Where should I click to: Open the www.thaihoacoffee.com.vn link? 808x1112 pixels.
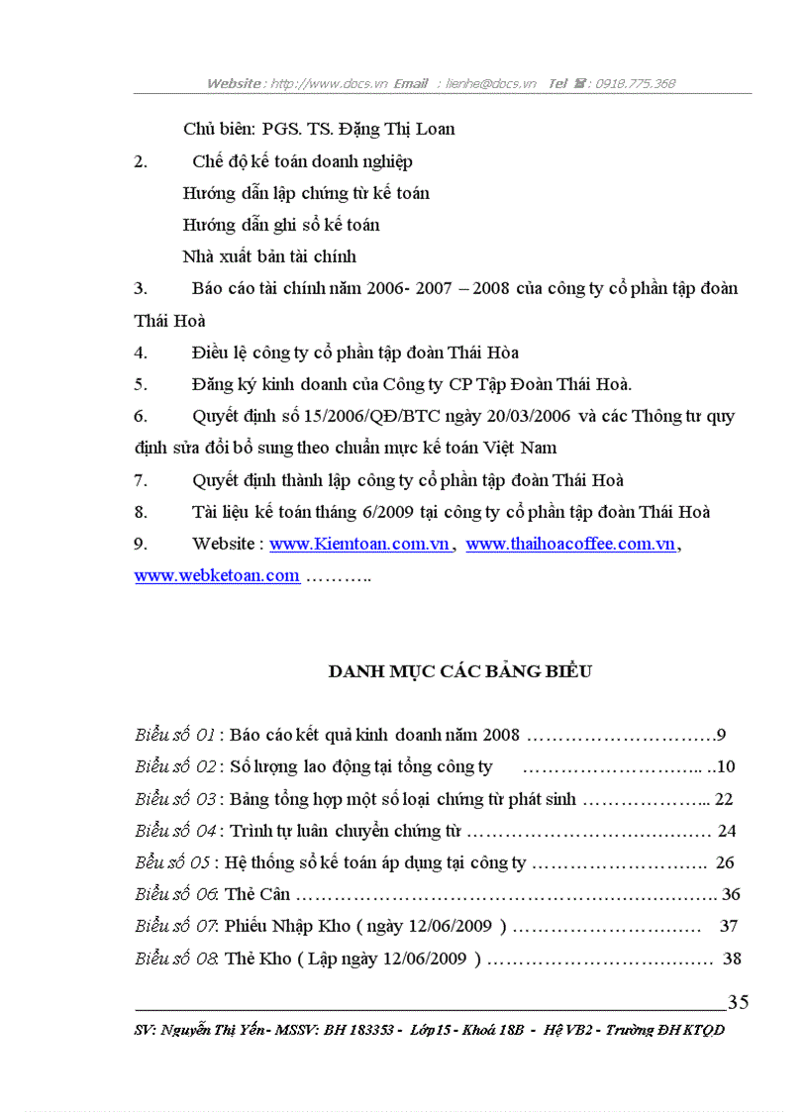point(570,544)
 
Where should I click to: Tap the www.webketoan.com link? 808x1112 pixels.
point(217,575)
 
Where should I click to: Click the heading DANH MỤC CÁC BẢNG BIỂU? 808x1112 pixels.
point(460,671)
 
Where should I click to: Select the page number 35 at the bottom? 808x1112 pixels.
point(738,1002)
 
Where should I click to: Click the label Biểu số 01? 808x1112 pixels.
point(175,736)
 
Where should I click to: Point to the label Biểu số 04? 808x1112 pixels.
point(175,831)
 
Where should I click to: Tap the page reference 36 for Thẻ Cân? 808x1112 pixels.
point(731,894)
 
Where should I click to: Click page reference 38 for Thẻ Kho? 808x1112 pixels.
point(732,959)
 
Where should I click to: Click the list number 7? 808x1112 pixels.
point(141,480)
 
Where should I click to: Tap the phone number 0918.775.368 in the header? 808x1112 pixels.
point(634,84)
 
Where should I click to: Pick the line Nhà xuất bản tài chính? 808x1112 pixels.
point(269,256)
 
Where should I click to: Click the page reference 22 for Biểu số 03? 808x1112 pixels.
point(723,799)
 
